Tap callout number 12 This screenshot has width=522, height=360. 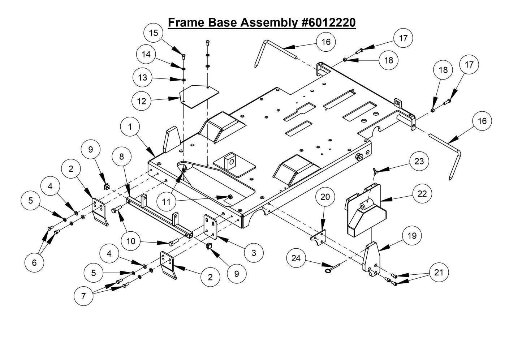pyautogui.click(x=142, y=101)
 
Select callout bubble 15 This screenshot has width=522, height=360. pyautogui.click(x=154, y=33)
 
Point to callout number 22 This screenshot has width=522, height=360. pyautogui.click(x=422, y=194)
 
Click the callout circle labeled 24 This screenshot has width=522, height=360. pyautogui.click(x=296, y=258)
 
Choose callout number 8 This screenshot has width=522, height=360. pyautogui.click(x=121, y=157)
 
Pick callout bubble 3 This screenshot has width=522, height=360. pyautogui.click(x=254, y=252)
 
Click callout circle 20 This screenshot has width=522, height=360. pyautogui.click(x=325, y=197)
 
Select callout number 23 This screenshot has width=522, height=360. pyautogui.click(x=419, y=161)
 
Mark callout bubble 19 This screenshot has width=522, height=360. pyautogui.click(x=411, y=236)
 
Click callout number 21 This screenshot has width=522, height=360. pyautogui.click(x=438, y=273)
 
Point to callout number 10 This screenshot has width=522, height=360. pyautogui.click(x=131, y=241)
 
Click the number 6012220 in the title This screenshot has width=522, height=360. pyautogui.click(x=329, y=22)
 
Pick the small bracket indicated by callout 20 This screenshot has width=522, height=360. pyautogui.click(x=319, y=237)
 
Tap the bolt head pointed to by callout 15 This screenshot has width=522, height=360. pyautogui.click(x=184, y=55)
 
